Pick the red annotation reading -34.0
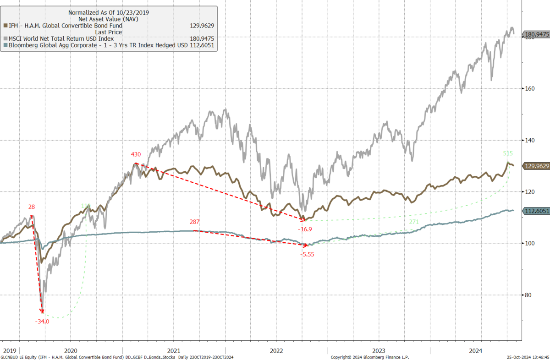tap(42, 321)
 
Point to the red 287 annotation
tap(195, 222)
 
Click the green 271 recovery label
tap(414, 222)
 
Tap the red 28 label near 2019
tap(32, 207)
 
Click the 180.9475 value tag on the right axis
tap(536, 34)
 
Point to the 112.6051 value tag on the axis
tap(536, 210)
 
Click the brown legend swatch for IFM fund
tap(5, 26)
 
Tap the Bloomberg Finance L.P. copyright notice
tap(369, 357)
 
